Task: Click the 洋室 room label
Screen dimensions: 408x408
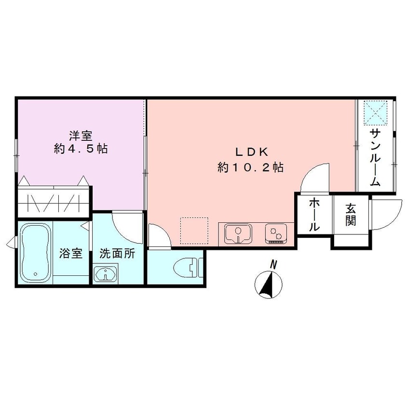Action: point(81,136)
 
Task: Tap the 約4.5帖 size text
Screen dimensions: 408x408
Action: point(81,149)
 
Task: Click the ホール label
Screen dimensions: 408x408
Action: point(313,215)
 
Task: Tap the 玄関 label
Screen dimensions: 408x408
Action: point(351,214)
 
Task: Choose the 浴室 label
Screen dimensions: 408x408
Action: point(71,253)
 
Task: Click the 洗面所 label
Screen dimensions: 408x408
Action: point(117,253)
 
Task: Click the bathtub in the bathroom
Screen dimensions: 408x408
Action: point(35,253)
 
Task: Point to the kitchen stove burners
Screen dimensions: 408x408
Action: point(276,234)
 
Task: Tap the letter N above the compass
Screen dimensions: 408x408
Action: point(273,264)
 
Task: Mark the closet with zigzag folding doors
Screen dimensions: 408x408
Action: point(54,202)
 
